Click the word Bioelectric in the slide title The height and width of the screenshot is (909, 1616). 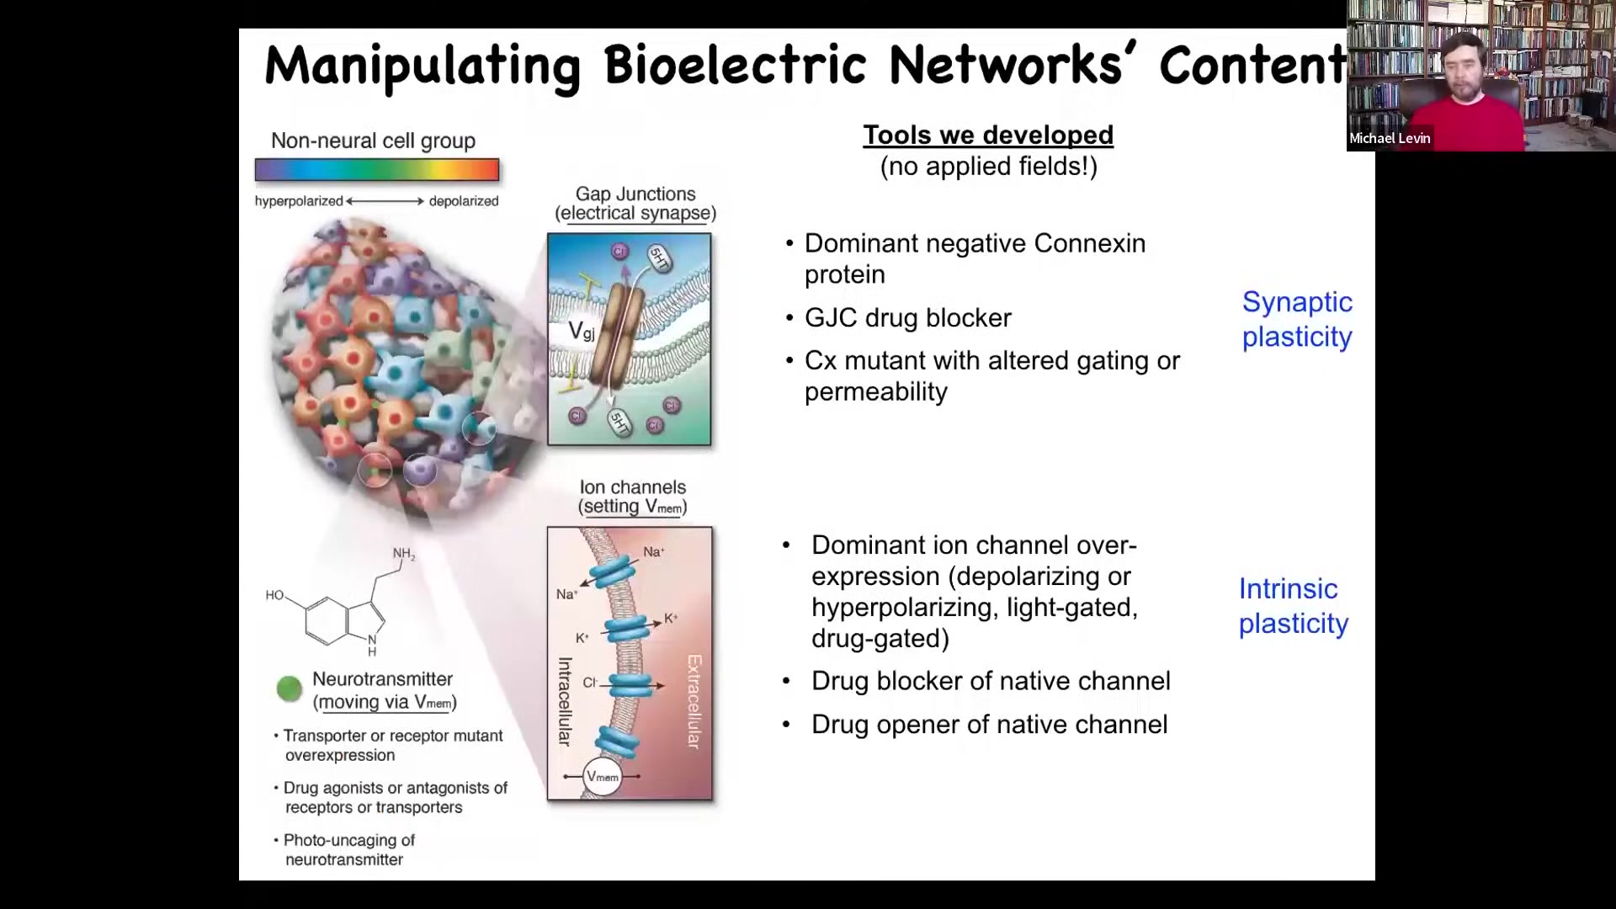click(735, 65)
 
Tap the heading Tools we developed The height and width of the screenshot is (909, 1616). click(988, 135)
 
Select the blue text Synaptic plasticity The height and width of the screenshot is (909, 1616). click(1297, 319)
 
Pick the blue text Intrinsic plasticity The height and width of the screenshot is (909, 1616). click(1293, 606)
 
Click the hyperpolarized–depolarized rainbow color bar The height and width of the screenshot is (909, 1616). click(377, 170)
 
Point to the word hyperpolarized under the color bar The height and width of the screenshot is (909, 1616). click(299, 201)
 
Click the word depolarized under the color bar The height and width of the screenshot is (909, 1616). click(464, 201)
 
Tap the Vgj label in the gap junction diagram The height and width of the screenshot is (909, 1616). click(581, 331)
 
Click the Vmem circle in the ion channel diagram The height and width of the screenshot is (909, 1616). click(602, 777)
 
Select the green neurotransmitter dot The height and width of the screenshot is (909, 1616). click(289, 688)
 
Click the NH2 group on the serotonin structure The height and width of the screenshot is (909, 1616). click(404, 554)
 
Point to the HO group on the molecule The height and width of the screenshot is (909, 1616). click(275, 595)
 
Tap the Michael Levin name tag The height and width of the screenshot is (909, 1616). click(1390, 138)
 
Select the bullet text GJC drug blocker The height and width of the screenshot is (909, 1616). click(907, 317)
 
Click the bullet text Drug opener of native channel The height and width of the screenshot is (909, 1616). click(989, 724)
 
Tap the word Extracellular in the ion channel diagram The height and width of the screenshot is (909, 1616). click(694, 701)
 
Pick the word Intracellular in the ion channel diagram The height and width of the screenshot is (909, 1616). click(565, 701)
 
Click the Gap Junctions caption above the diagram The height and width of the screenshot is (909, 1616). click(635, 204)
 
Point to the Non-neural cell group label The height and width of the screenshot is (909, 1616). click(373, 141)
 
